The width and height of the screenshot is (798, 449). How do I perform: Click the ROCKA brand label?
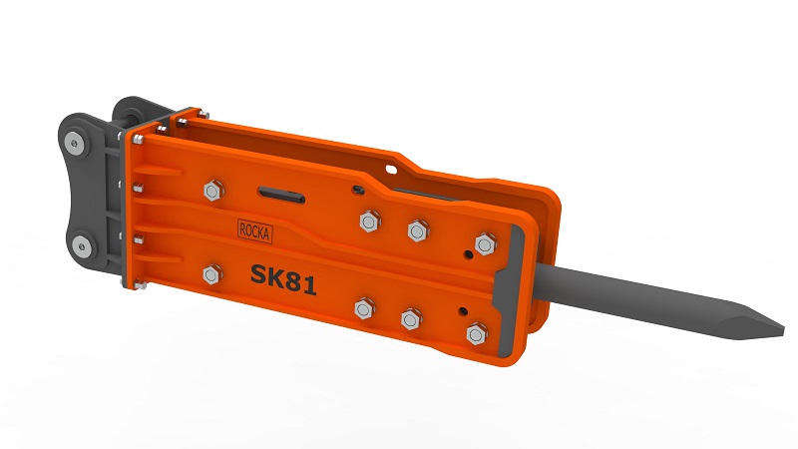pos(255,230)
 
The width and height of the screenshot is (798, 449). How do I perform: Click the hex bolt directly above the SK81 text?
pos(210,190)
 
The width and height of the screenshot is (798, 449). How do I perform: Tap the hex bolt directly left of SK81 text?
pos(210,273)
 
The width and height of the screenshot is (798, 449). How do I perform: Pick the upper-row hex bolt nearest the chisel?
pos(486,243)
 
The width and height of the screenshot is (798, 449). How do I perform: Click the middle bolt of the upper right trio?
pos(417,230)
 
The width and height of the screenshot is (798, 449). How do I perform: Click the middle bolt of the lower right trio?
pos(410,319)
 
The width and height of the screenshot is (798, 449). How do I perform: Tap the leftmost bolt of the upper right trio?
pos(367,221)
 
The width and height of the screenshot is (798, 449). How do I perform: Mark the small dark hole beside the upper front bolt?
pos(466,254)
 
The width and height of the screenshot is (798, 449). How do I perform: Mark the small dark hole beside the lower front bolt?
pos(461,310)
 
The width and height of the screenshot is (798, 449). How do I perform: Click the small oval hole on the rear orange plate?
pos(355,188)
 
